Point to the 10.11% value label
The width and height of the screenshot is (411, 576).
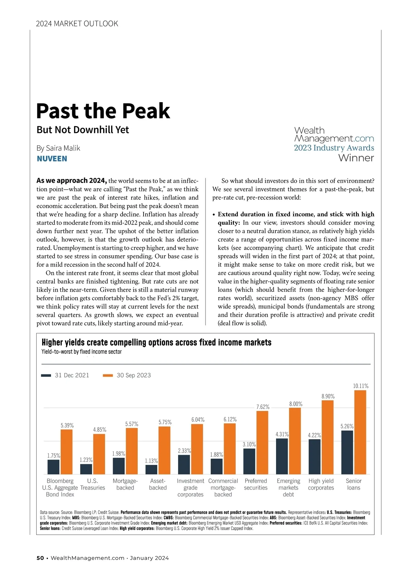[361, 386]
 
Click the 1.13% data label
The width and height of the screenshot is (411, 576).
[151, 461]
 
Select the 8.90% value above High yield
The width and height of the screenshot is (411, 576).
[328, 396]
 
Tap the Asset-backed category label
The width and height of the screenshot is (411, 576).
[158, 484]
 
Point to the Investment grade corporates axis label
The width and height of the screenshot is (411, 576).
[190, 488]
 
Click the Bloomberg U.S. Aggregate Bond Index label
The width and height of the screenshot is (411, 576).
[60, 488]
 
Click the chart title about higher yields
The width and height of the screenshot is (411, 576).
[157, 343]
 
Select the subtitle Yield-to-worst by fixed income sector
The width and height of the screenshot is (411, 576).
[82, 352]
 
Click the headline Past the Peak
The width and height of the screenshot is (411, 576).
[103, 111]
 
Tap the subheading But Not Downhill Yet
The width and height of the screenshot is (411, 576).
[83, 130]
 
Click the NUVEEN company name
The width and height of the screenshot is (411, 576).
[52, 159]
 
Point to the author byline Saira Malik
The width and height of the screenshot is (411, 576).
[59, 148]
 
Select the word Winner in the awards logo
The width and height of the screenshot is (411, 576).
[356, 158]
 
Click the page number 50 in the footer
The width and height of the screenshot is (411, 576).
[40, 558]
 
